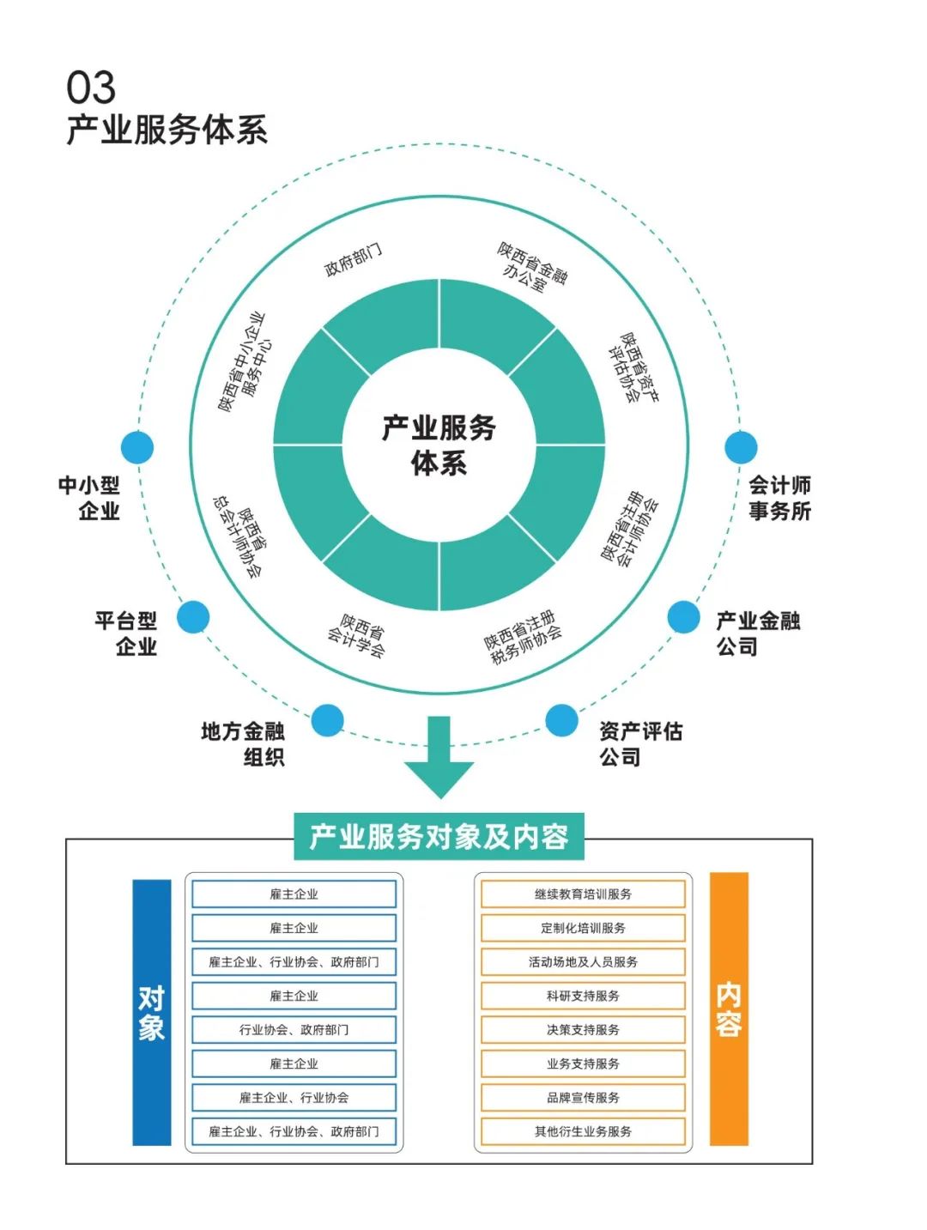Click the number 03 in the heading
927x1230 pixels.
[91, 88]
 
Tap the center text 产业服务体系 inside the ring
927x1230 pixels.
[439, 445]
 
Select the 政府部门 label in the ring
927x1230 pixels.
[353, 259]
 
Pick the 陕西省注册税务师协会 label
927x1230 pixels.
[523, 638]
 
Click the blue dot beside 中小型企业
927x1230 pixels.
[137, 447]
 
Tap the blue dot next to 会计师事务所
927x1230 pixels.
[741, 447]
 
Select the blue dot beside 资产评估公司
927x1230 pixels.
[561, 720]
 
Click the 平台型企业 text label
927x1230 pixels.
[126, 633]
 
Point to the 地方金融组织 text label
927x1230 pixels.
[243, 743]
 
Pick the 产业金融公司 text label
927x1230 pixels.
[758, 633]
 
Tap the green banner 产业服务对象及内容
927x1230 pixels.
[439, 836]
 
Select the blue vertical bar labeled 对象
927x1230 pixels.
[152, 1012]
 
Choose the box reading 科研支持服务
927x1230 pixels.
[583, 996]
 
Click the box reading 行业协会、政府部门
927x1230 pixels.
[294, 1029]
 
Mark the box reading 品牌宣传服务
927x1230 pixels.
[583, 1097]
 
